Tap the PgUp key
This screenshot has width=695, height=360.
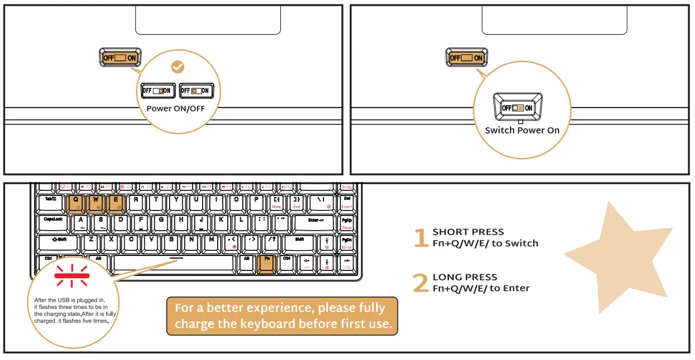(346, 223)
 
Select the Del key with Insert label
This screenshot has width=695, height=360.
(346, 203)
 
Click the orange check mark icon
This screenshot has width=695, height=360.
(177, 67)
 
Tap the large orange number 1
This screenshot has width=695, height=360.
(420, 238)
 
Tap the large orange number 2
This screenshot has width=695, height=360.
(420, 283)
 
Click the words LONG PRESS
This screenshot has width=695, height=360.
(464, 277)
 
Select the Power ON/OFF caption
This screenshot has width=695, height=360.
(176, 109)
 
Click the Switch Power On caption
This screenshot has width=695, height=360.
(522, 130)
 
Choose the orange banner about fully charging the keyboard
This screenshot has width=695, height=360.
(282, 316)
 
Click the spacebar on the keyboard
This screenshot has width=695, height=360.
(173, 263)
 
